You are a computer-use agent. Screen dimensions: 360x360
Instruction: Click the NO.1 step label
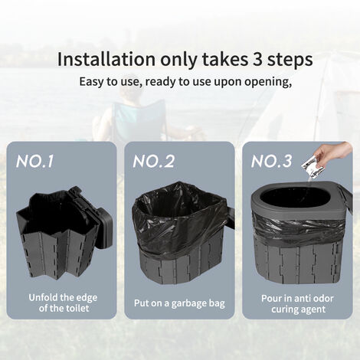34,162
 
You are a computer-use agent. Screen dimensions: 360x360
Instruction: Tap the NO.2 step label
154,162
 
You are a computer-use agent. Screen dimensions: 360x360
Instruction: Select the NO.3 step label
271,162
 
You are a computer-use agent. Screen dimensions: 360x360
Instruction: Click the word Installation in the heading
106,60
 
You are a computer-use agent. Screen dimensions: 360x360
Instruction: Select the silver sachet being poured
310,167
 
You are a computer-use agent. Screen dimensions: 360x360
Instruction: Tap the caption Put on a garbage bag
179,303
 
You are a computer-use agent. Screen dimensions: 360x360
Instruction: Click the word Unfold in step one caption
44,297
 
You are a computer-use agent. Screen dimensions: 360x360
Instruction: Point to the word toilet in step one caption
77,308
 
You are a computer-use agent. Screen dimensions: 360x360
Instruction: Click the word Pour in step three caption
271,298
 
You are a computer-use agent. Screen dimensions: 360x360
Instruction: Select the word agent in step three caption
312,309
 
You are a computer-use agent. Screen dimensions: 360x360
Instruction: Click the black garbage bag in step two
178,217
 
